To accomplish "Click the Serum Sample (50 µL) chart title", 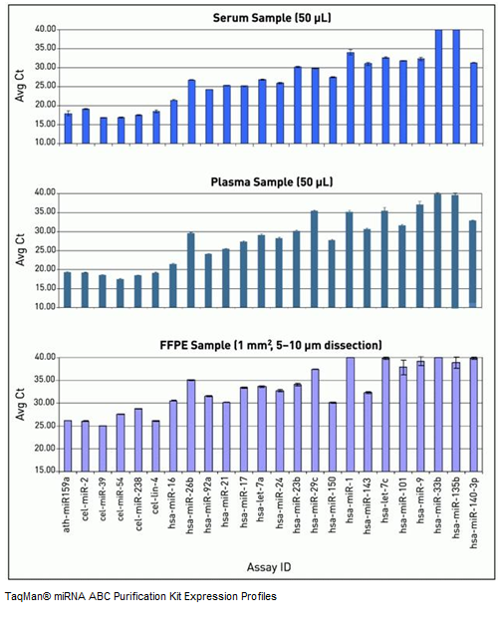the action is (x=272, y=18).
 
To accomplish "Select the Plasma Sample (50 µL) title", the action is (x=271, y=182).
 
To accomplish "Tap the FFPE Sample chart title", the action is (x=271, y=345).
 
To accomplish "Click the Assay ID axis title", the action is (x=269, y=567).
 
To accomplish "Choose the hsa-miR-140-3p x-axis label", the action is (x=474, y=511).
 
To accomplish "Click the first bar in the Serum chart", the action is (x=69, y=129).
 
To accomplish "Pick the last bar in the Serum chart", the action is (x=474, y=104).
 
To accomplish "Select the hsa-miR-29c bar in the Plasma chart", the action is (x=314, y=259).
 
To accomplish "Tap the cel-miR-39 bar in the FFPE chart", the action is (x=103, y=449).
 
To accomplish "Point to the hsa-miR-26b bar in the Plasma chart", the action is (x=190, y=270).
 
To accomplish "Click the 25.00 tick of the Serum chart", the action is (x=46, y=87).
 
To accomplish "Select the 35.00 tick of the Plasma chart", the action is (x=46, y=212).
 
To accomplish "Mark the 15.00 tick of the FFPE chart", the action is (x=45, y=471).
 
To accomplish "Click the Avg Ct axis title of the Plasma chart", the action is (x=20, y=250).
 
